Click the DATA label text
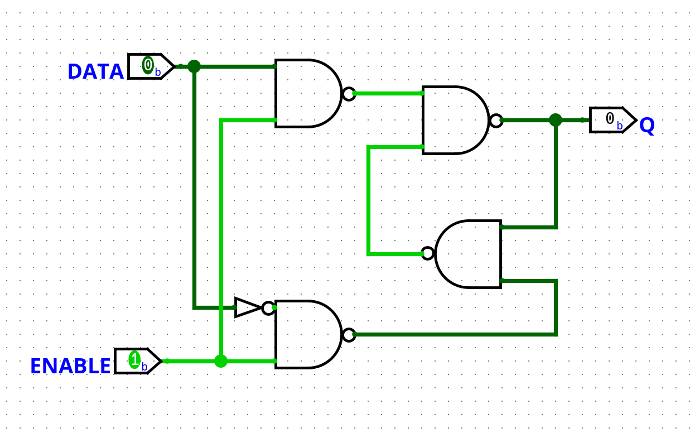tap(95, 72)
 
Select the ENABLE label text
tap(70, 367)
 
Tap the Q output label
tap(647, 126)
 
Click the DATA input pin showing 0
tap(149, 66)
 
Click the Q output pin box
tap(612, 120)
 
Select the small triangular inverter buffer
tap(247, 307)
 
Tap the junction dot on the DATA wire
tap(194, 66)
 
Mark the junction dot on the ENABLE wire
tap(221, 361)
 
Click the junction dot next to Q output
tap(556, 120)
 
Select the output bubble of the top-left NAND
tap(349, 94)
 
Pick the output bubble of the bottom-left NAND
tap(349, 335)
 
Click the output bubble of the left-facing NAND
tap(428, 253)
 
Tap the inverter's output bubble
tap(268, 308)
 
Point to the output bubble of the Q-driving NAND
tap(496, 121)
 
